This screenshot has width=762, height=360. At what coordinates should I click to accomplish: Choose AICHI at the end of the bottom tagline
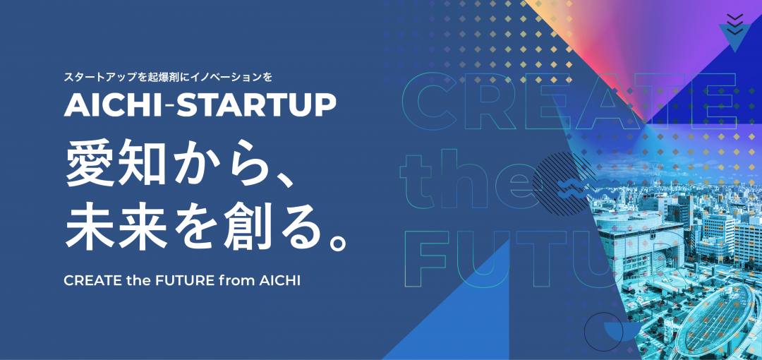(278, 280)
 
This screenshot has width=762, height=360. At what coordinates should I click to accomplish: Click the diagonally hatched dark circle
(562, 173)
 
